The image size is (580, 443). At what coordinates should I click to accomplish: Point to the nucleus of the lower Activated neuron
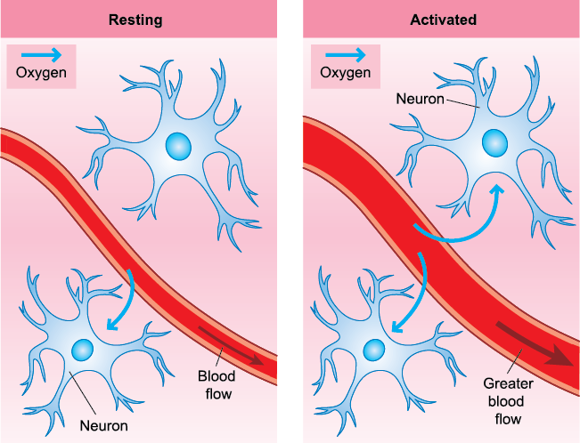coord(375,348)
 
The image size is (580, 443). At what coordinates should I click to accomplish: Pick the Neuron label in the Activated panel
coord(419,97)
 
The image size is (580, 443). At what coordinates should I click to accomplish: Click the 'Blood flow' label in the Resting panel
coord(216,384)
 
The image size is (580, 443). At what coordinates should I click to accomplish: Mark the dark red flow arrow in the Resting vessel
coord(231,345)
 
